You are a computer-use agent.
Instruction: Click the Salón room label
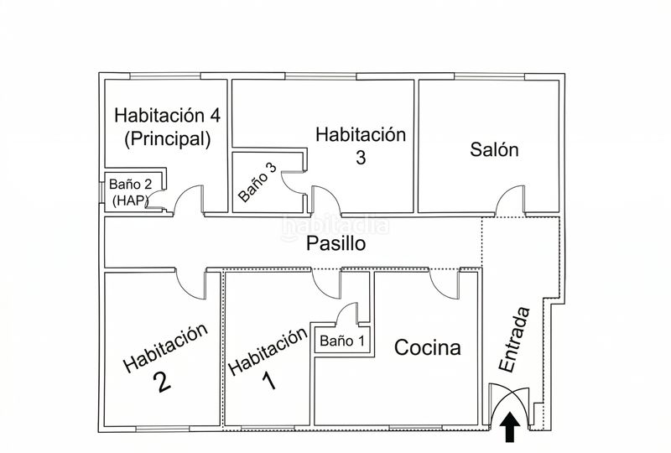tap(494, 149)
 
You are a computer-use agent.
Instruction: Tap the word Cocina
tap(428, 347)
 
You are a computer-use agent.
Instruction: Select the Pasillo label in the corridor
tap(336, 243)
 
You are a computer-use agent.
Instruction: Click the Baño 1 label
tap(342, 341)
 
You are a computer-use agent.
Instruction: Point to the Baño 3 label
tap(257, 182)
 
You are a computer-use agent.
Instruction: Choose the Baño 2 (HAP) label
tap(130, 192)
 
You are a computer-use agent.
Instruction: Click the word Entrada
tap(514, 340)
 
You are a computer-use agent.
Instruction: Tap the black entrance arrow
tap(509, 427)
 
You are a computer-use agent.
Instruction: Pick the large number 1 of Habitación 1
tap(268, 381)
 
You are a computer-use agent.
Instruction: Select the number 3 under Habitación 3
tap(361, 157)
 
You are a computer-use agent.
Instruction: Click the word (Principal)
tap(167, 138)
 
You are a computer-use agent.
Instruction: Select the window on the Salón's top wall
tap(489, 76)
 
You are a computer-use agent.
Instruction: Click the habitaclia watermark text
tap(335, 226)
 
